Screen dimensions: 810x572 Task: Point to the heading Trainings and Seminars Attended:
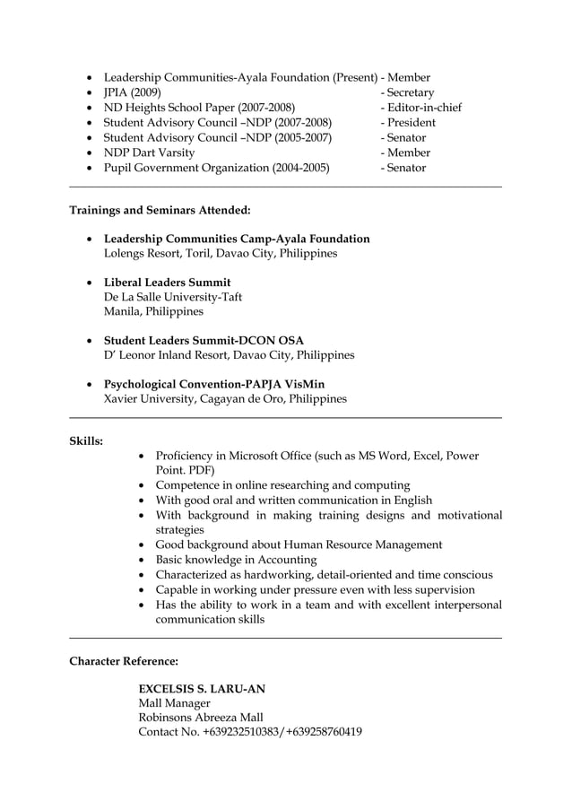coord(160,210)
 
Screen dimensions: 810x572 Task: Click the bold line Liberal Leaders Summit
coord(167,283)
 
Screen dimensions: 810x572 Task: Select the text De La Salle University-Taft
coord(172,297)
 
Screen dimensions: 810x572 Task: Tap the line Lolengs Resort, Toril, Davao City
coord(221,254)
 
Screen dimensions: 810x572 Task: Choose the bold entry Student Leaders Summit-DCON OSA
coord(204,341)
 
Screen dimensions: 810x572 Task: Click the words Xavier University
coord(147,399)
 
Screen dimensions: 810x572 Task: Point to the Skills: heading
coord(86,441)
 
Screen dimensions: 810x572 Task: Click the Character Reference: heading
coord(124,661)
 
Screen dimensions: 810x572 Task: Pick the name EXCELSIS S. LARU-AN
coord(201,689)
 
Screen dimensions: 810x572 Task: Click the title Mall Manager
coord(174,703)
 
